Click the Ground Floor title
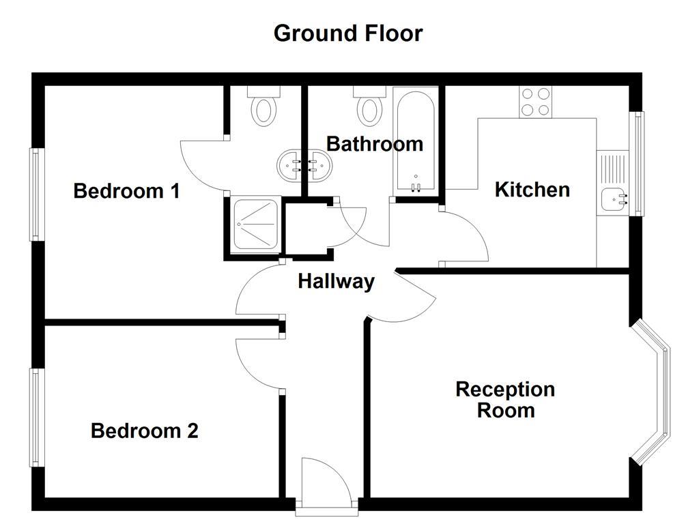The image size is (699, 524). click(x=348, y=33)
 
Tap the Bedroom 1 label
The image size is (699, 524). click(x=126, y=190)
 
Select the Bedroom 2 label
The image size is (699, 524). click(x=144, y=431)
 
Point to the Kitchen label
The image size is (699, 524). click(x=532, y=189)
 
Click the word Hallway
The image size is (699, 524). click(x=336, y=281)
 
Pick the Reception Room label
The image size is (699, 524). click(x=505, y=400)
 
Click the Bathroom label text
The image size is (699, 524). click(x=374, y=144)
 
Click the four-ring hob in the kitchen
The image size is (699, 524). click(x=536, y=102)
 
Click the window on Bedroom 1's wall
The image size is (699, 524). click(x=33, y=194)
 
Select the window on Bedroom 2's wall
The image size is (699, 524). click(x=33, y=417)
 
